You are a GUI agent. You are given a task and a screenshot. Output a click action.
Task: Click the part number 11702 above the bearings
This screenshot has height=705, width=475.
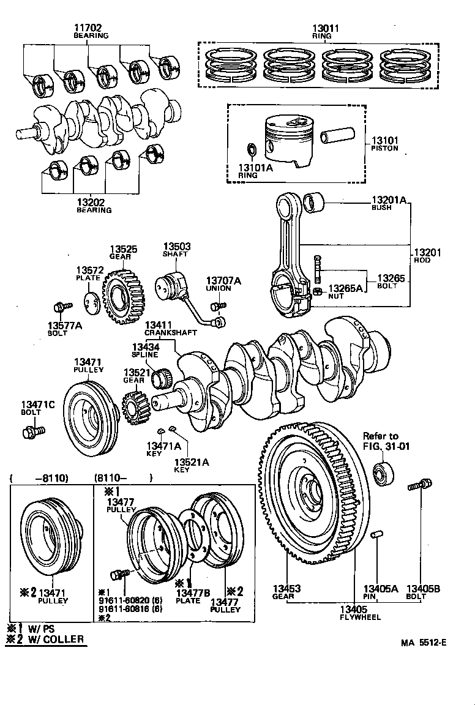tap(88, 28)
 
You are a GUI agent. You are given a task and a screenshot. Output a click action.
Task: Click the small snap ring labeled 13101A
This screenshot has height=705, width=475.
tap(250, 150)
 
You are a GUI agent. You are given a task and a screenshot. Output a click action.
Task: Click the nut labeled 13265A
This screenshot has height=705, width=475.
tap(318, 291)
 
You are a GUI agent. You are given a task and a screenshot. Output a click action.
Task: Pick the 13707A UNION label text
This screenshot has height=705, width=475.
tap(223, 284)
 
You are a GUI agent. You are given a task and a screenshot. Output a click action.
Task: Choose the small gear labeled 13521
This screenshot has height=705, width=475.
tap(134, 406)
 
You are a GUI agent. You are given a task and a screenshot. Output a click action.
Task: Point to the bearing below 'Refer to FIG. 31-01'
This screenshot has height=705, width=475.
tap(383, 474)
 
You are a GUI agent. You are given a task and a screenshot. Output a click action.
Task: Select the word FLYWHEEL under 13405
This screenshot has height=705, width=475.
tap(360, 617)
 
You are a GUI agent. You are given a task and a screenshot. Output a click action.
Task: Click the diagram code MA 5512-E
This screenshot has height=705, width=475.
tap(423, 643)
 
